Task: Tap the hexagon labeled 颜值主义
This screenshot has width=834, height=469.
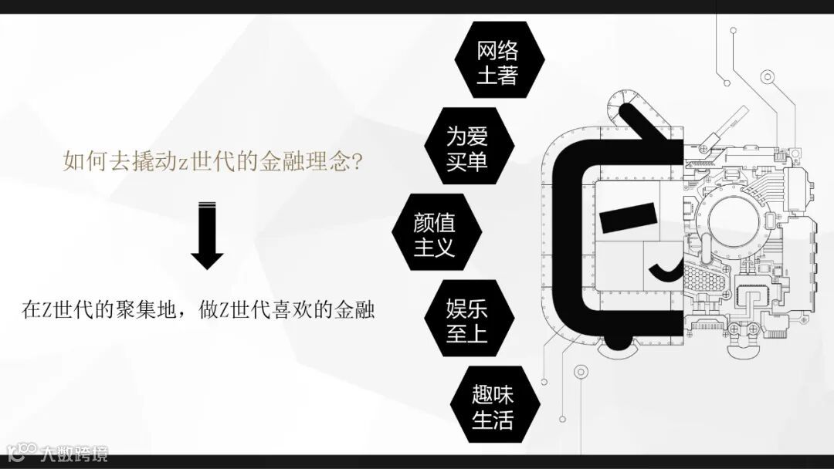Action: (x=435, y=235)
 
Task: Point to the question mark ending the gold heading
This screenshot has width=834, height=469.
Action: (x=358, y=163)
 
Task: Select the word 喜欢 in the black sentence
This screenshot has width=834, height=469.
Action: (x=294, y=311)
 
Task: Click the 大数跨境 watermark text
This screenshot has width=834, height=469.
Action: (x=75, y=454)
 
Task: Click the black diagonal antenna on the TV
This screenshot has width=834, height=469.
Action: (x=646, y=124)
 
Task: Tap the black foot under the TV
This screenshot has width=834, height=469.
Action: (x=624, y=339)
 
